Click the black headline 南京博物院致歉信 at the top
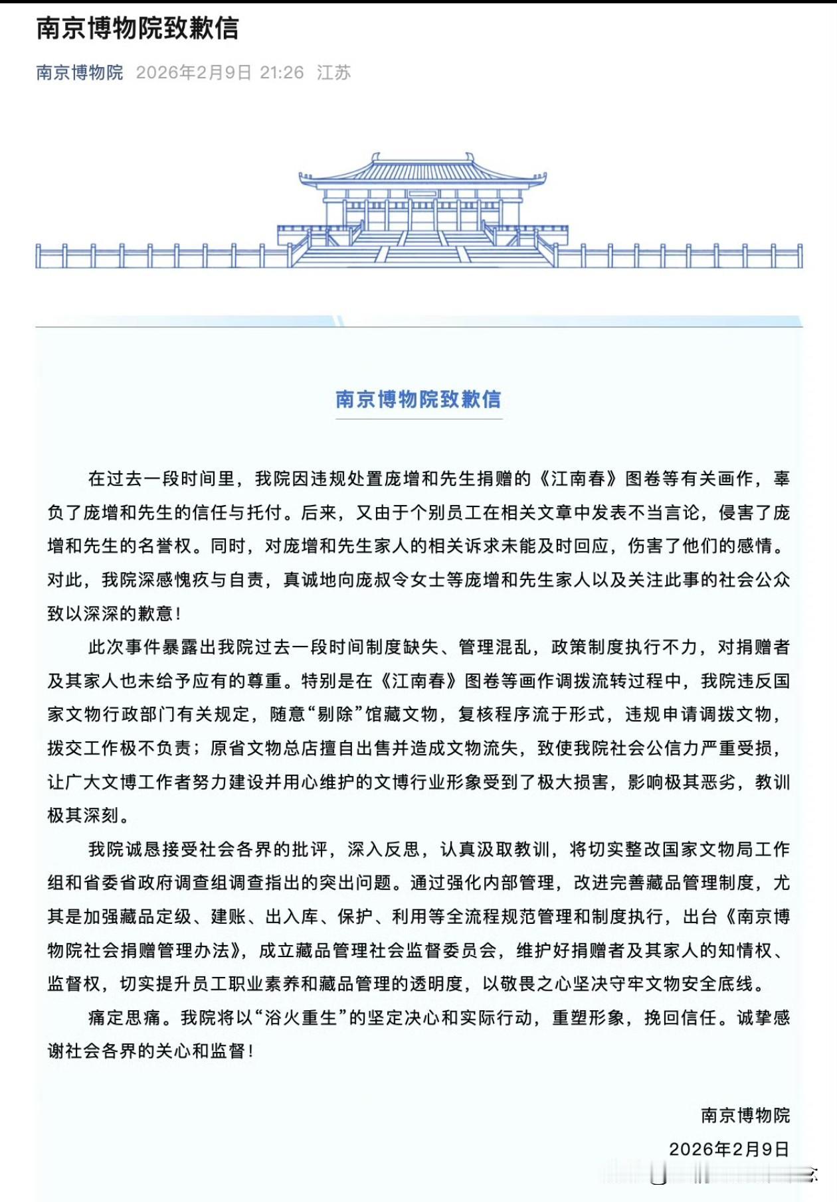(137, 29)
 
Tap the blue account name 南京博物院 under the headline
(80, 72)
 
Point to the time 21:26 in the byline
(282, 72)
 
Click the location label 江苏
(333, 72)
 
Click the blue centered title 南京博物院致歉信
(418, 399)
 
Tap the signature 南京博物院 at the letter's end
(745, 1115)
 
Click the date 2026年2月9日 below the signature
(729, 1149)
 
